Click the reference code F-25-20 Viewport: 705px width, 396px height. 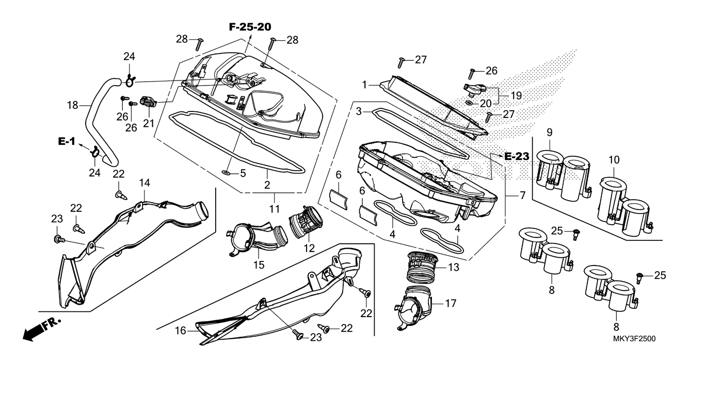(x=250, y=27)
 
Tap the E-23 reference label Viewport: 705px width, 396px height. (x=517, y=156)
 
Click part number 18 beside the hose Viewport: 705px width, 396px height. (x=72, y=106)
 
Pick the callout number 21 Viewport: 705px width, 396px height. (x=149, y=123)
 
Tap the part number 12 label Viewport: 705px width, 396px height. (x=309, y=248)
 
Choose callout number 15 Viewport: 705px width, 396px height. (x=259, y=265)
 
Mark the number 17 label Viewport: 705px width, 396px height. (x=450, y=303)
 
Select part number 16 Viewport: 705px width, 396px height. (x=180, y=331)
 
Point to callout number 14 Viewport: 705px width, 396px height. (x=144, y=183)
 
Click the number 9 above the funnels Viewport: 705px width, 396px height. (x=549, y=131)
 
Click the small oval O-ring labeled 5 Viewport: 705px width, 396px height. (x=227, y=172)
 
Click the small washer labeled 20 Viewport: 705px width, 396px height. (x=469, y=103)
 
